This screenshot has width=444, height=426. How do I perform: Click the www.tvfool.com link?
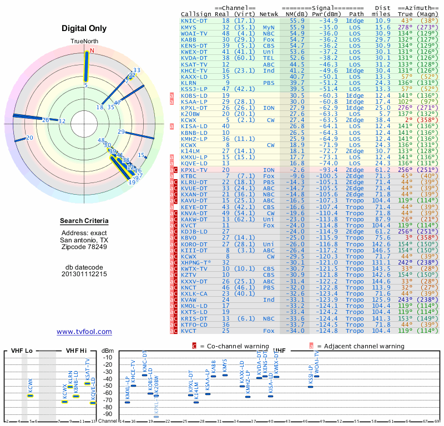(84, 332)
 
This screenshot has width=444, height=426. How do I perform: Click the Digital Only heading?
(84, 28)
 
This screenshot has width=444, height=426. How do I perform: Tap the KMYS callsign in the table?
(189, 27)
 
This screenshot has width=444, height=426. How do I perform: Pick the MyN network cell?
(268, 27)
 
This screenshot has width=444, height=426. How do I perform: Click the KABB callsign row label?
(189, 39)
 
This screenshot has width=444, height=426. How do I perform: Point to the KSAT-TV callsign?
(194, 64)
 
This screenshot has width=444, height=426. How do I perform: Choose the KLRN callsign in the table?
(189, 83)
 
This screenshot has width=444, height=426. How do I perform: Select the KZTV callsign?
(189, 275)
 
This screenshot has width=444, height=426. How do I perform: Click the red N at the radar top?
(92, 50)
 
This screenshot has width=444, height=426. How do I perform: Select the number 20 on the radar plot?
(29, 138)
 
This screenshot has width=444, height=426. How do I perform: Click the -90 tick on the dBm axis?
(107, 414)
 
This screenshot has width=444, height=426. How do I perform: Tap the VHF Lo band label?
(22, 351)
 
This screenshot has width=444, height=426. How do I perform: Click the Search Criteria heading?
(84, 221)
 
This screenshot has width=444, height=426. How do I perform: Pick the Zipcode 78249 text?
(84, 247)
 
